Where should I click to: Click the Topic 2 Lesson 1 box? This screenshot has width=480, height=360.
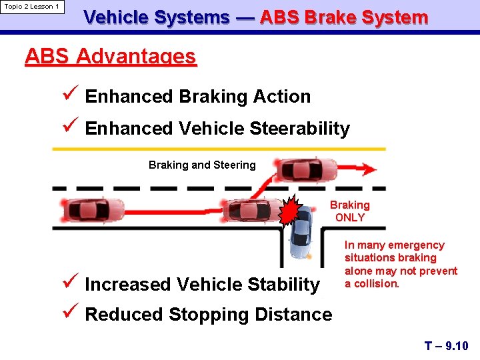point(33,7)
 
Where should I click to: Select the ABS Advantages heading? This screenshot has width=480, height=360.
point(111,57)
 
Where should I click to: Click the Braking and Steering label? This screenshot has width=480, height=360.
point(202,165)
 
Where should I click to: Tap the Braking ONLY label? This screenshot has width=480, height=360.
point(350,211)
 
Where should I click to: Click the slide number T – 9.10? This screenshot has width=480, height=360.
point(447,345)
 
